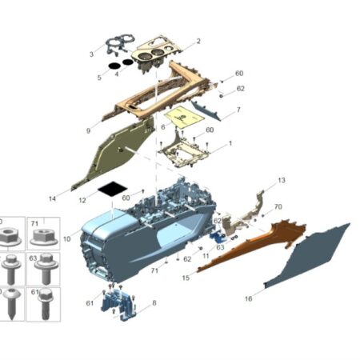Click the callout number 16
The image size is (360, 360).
(249, 298)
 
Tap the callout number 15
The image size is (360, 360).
(186, 278)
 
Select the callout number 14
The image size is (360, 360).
(53, 198)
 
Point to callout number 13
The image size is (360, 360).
(282, 180)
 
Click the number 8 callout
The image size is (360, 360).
(154, 303)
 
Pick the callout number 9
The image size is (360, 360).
(88, 130)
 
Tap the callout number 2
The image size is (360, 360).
(198, 41)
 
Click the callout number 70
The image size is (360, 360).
(278, 206)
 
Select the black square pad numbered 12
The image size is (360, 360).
(112, 189)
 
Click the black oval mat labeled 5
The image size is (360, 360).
(114, 66)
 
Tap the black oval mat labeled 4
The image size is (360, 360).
(128, 62)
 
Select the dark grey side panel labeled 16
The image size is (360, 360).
(306, 256)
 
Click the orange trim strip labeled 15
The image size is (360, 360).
(254, 246)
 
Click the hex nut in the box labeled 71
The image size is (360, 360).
(44, 238)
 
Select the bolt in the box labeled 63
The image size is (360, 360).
(46, 268)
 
